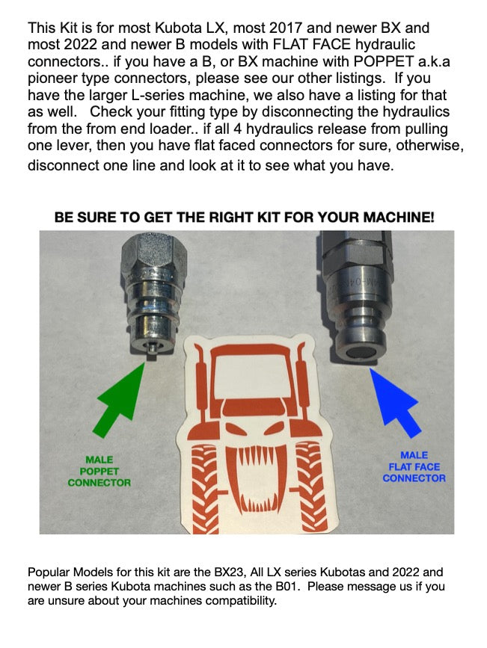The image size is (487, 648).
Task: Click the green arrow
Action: coord(120,400)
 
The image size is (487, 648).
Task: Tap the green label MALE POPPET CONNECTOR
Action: coord(99,471)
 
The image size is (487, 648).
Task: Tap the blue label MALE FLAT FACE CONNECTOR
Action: coord(414,466)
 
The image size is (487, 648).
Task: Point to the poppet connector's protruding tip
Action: coord(153,351)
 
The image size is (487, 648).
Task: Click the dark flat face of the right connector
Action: coord(361,353)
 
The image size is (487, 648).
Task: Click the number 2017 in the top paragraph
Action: coord(286,28)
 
